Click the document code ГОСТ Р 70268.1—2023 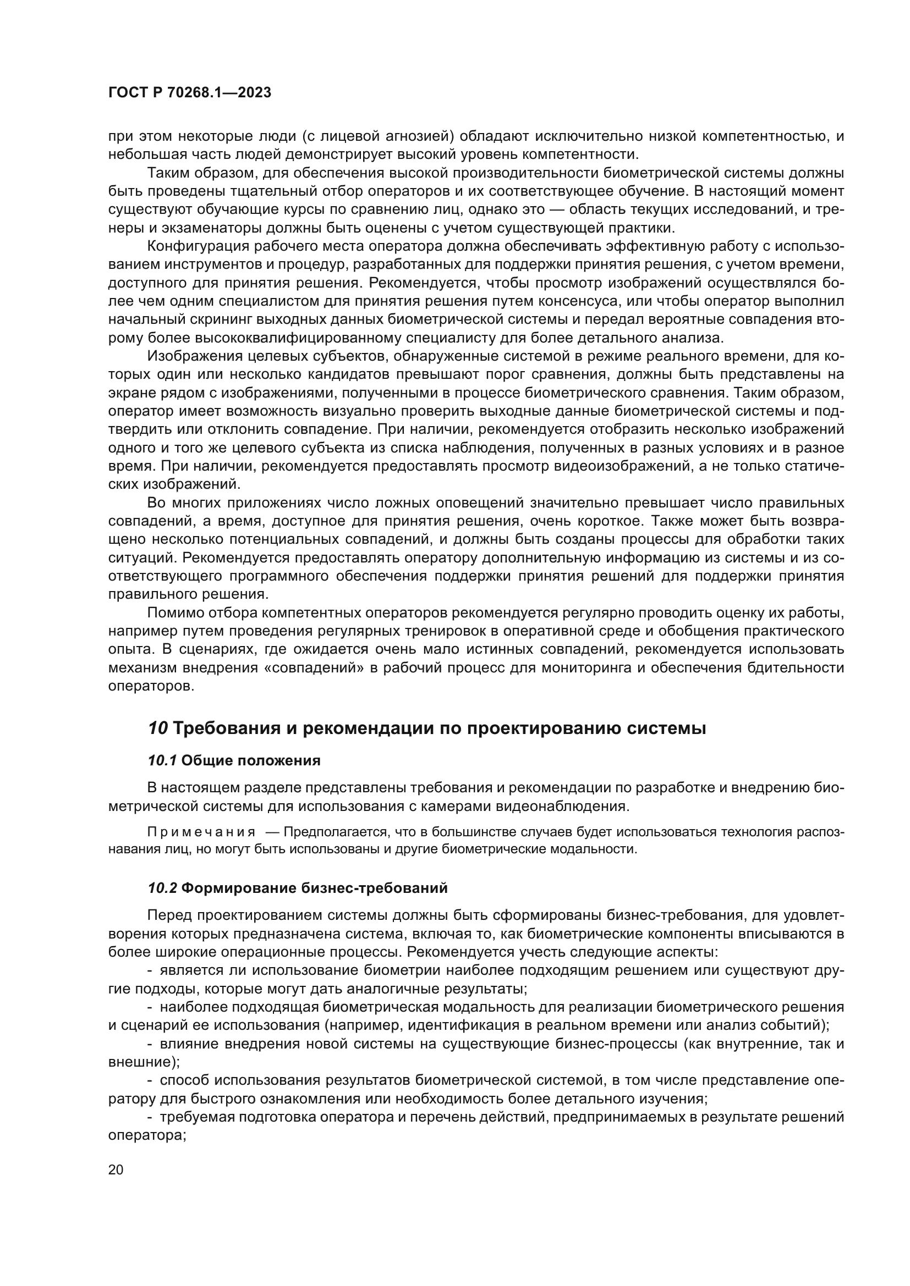pos(189,93)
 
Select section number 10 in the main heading pos(158,728)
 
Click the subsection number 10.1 pos(162,760)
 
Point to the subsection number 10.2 pos(162,888)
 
